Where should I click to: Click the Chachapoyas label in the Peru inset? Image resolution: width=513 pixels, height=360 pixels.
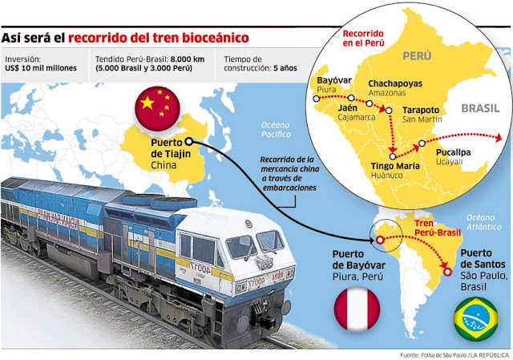[397, 83]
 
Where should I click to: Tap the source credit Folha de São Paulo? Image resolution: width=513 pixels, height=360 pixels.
[433, 354]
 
